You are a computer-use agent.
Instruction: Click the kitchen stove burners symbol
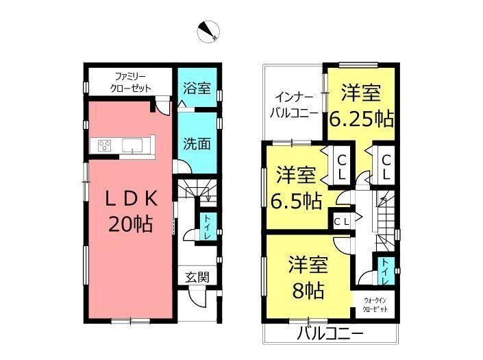pos(106,145)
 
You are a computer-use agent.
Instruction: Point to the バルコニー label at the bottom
pos(330,335)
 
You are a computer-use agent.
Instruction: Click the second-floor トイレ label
pos(384,270)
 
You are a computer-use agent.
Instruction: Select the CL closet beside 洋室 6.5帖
pos(340,167)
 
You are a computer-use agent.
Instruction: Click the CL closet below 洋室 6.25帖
pos(386,167)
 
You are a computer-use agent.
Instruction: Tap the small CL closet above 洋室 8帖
pos(342,221)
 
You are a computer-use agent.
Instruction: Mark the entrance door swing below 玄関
pos(197,298)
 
